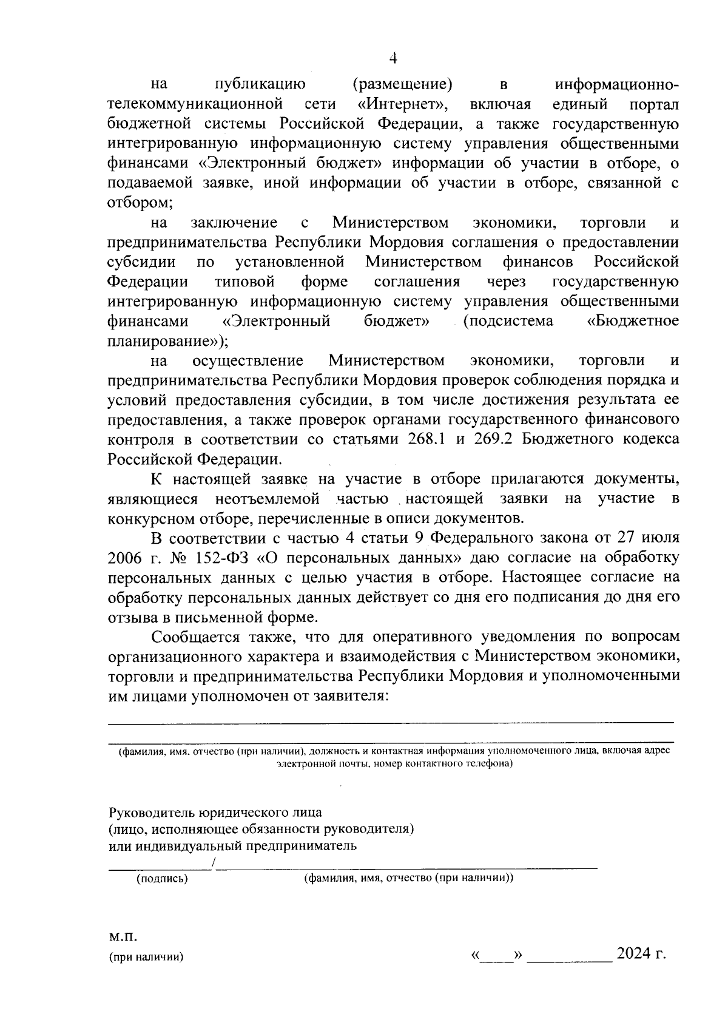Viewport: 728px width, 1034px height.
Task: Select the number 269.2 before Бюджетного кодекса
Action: point(496,439)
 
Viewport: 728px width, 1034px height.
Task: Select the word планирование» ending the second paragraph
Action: point(167,340)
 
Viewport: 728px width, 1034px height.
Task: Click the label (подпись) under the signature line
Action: point(162,879)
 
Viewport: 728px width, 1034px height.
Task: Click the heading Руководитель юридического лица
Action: point(215,812)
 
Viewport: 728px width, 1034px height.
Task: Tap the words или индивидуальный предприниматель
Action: point(232,846)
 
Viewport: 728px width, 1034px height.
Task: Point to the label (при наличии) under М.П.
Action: point(146,958)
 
